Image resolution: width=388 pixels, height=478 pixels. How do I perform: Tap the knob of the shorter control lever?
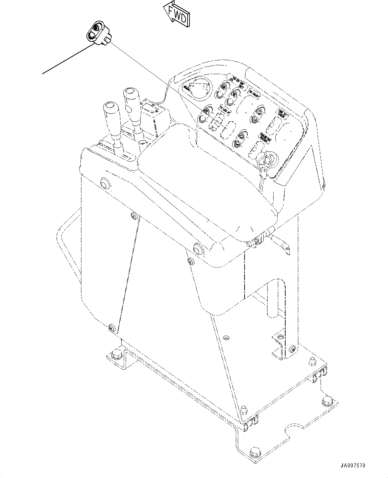tap(110, 110)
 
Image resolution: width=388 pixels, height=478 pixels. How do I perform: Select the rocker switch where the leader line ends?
tap(204, 114)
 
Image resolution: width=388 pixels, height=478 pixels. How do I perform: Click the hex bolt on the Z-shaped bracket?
tap(117, 355)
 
